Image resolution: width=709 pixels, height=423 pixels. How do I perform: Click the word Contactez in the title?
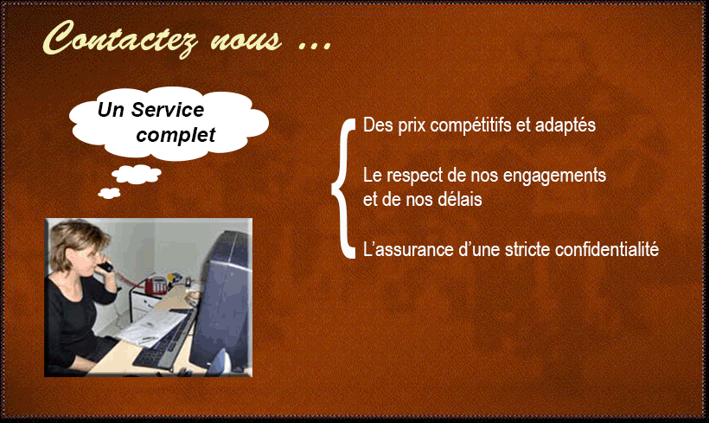coord(120,38)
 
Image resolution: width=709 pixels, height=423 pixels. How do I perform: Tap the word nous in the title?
coord(246,41)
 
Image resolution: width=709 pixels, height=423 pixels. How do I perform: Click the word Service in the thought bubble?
coord(167,110)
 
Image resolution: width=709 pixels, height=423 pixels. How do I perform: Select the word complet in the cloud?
coord(176,135)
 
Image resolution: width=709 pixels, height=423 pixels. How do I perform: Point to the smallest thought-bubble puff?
coord(110,193)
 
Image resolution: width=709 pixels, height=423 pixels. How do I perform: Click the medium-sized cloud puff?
coord(136,174)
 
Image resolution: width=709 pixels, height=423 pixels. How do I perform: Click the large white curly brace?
coord(344,188)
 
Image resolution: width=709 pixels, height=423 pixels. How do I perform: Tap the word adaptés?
coord(565,125)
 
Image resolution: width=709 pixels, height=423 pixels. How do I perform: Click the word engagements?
coord(554,176)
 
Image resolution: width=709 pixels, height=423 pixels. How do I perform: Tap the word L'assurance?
coord(408,249)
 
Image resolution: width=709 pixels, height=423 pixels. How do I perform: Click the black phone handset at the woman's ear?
coord(105,266)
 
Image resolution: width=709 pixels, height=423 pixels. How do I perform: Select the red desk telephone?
coord(154,285)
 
